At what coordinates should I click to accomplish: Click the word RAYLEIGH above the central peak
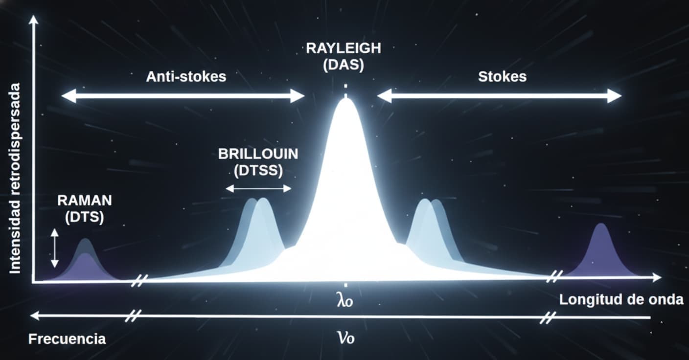point(344,49)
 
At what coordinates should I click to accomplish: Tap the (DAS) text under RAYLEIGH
point(344,65)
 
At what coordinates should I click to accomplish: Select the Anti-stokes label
point(186,77)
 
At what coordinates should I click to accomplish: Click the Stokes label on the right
point(502,77)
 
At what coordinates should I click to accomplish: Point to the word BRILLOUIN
point(258,154)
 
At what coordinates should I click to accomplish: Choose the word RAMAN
point(84,200)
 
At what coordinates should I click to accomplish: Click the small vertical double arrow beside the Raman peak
point(55,249)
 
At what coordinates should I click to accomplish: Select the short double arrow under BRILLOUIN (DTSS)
point(258,188)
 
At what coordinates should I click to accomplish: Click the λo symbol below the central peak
point(345,299)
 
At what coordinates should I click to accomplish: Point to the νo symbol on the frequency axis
point(345,337)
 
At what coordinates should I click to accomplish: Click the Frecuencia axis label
point(67,339)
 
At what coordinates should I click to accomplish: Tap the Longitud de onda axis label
point(621,300)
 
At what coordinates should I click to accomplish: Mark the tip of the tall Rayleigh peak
point(346,100)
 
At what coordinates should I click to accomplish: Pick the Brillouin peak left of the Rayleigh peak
point(259,225)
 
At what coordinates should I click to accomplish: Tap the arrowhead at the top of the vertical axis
point(33,20)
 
